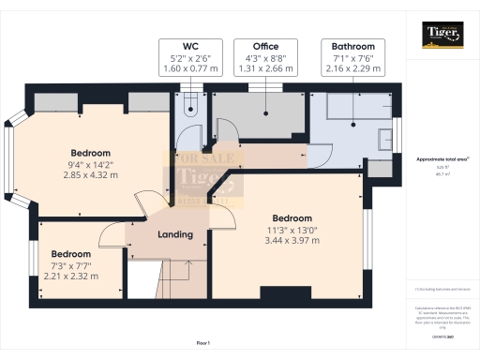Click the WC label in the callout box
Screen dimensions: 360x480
(189, 46)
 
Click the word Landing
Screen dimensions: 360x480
(175, 234)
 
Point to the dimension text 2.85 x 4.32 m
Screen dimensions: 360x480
(91, 174)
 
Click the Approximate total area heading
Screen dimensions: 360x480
(442, 160)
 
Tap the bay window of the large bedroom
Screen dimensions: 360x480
(10, 158)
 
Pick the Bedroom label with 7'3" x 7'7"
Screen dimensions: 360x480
(70, 254)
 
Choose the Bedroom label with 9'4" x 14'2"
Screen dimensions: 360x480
(91, 152)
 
